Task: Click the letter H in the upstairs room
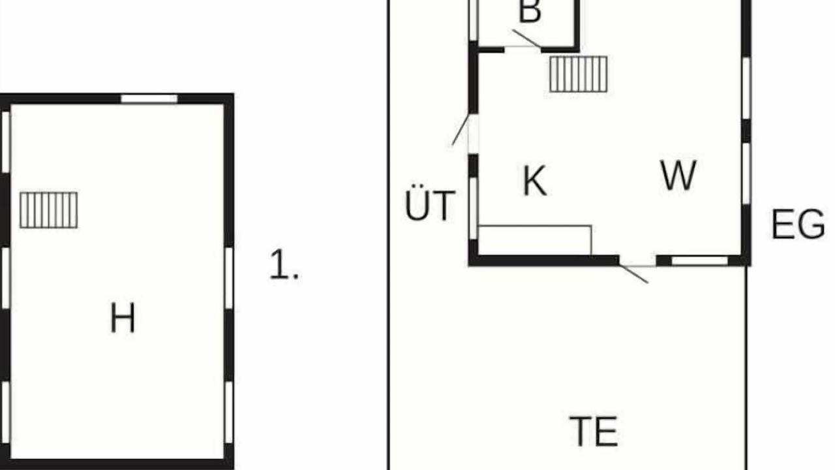click(x=123, y=317)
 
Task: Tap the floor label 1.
click(x=284, y=264)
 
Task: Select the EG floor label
click(x=798, y=224)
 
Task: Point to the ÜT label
click(x=430, y=202)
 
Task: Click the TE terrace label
click(x=594, y=431)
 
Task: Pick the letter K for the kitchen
click(x=535, y=181)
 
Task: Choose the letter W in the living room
click(x=678, y=175)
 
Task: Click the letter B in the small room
click(x=530, y=11)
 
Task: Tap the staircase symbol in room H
click(x=49, y=210)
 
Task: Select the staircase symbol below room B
click(x=579, y=74)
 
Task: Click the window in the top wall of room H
click(x=149, y=99)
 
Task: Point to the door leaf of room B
click(x=526, y=39)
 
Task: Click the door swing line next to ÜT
click(x=461, y=129)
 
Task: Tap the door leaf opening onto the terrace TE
click(x=633, y=274)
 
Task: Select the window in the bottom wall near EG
click(x=700, y=260)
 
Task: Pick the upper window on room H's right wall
click(x=229, y=278)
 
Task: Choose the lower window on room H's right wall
click(x=229, y=412)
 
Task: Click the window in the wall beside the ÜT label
click(x=473, y=208)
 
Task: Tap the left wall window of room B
click(x=474, y=20)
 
